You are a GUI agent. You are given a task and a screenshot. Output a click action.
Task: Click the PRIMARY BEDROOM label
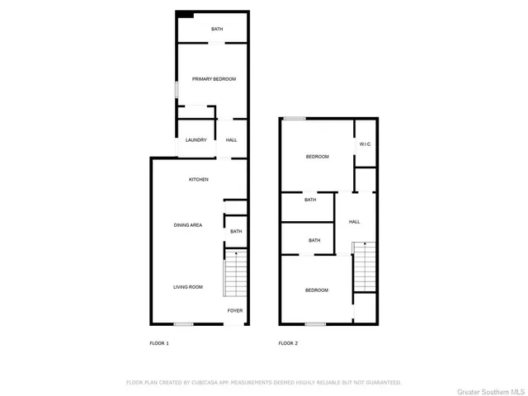(214, 79)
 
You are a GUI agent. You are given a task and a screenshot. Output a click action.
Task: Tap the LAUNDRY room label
(196, 140)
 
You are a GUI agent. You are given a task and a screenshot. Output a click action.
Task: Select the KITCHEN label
(199, 180)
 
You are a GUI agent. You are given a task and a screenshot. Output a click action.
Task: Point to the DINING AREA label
(188, 225)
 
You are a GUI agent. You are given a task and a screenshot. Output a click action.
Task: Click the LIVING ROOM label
(187, 287)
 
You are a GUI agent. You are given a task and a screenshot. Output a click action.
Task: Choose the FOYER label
(235, 311)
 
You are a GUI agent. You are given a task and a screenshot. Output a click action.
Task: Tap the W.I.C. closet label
(365, 145)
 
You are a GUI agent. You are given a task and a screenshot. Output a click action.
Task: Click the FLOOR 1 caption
(158, 342)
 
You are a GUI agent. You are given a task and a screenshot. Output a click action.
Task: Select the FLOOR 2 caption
(287, 342)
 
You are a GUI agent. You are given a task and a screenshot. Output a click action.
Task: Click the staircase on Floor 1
(235, 273)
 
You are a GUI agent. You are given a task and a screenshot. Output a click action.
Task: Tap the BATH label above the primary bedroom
(217, 30)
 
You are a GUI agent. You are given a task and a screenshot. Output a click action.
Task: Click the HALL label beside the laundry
(232, 140)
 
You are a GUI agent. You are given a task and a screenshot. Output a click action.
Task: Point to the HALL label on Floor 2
(354, 222)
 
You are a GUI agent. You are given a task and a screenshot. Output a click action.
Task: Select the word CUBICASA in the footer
(205, 383)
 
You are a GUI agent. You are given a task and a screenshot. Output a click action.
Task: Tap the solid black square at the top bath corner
(186, 14)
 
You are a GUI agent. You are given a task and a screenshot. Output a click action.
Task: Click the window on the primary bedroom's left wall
(175, 88)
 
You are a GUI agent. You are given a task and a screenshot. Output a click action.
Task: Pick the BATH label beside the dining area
(236, 232)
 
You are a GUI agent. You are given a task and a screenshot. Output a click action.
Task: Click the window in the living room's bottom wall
(183, 324)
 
